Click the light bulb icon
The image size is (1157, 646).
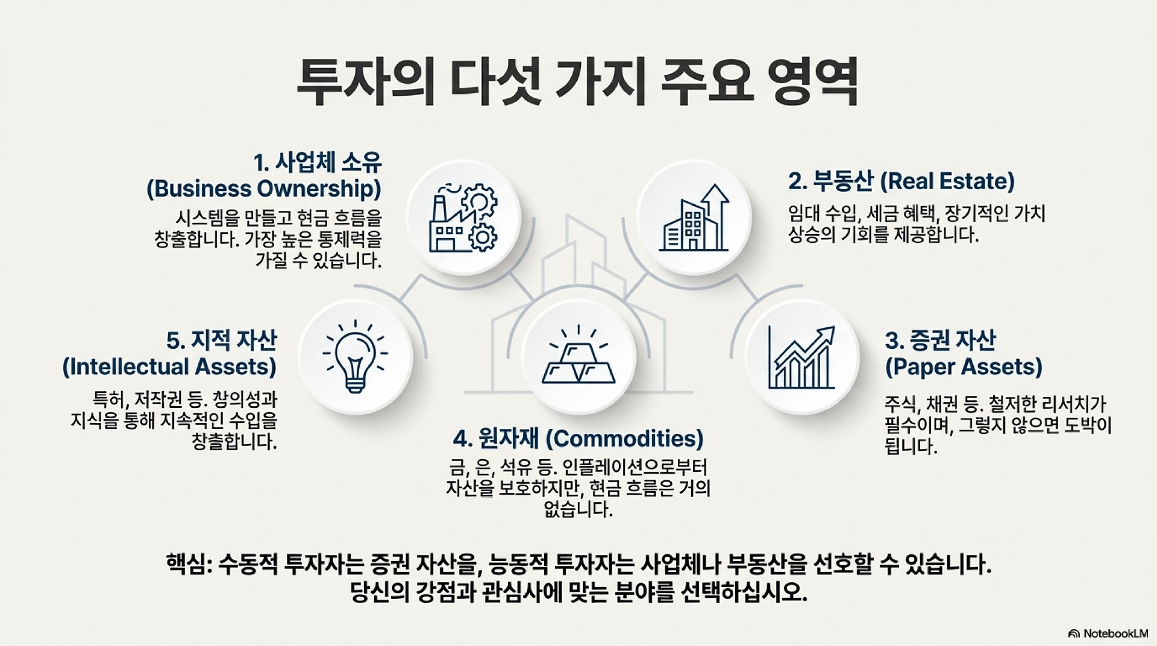tap(356, 355)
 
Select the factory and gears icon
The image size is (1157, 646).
tap(463, 217)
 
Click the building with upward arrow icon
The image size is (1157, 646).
tap(694, 217)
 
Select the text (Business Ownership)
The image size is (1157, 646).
tap(264, 189)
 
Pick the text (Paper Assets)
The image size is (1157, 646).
tap(964, 366)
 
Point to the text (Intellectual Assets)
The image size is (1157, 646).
tap(169, 366)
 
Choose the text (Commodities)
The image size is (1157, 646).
tap(624, 439)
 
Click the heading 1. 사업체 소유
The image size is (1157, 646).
tap(317, 163)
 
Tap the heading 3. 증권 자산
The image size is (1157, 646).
tap(940, 340)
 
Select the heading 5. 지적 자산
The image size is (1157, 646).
tap(221, 340)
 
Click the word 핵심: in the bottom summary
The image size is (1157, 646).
tap(187, 566)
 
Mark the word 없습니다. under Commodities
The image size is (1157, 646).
tap(578, 510)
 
